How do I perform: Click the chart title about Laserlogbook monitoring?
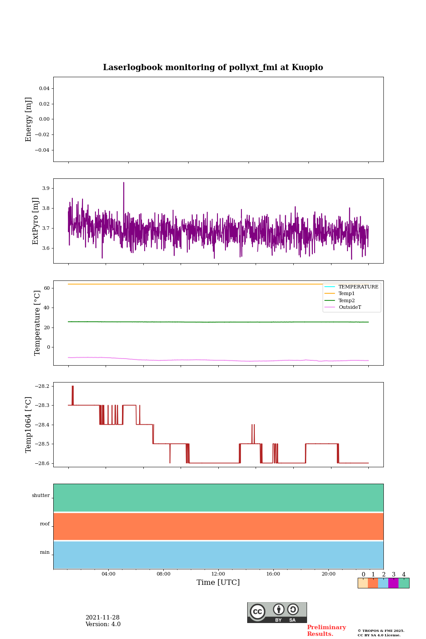(x=213, y=67)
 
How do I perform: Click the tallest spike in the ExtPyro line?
(x=124, y=183)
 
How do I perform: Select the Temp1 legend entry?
(x=346, y=294)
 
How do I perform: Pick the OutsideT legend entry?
(x=350, y=308)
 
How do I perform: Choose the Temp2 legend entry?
(x=346, y=301)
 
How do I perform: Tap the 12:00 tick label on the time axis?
(x=218, y=574)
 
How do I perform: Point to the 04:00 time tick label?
(x=108, y=574)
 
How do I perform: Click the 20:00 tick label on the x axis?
(x=328, y=574)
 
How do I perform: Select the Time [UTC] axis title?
(x=218, y=583)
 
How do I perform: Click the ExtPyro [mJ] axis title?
(x=36, y=221)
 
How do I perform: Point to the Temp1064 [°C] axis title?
(x=29, y=425)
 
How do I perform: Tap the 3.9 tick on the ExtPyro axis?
(x=46, y=189)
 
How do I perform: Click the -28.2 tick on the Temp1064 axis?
(x=43, y=387)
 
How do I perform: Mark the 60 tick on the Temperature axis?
(x=47, y=288)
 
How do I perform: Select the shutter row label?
(x=41, y=496)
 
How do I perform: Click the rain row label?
(x=45, y=552)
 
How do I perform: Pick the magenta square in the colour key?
(x=393, y=583)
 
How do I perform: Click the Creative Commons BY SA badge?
(x=277, y=612)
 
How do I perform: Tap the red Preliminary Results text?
(x=326, y=631)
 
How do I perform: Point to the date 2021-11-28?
(x=103, y=618)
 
